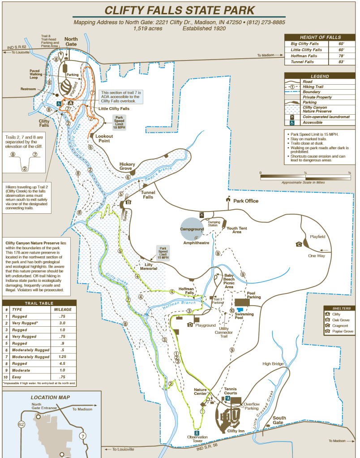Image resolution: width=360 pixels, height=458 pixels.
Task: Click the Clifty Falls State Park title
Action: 180,10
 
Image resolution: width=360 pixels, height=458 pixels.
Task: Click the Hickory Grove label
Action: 127,167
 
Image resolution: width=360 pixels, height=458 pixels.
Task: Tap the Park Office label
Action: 246,201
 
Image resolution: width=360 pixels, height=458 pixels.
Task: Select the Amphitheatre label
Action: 196,242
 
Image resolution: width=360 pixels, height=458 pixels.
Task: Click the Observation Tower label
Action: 197,439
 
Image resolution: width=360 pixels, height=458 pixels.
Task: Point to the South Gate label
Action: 279,420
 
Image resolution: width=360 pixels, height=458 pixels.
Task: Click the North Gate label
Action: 71,41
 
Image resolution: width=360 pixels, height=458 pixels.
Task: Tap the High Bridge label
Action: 273,363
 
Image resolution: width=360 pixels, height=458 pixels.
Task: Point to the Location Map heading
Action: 51,398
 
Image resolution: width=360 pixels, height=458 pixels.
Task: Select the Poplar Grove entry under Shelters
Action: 343,331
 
